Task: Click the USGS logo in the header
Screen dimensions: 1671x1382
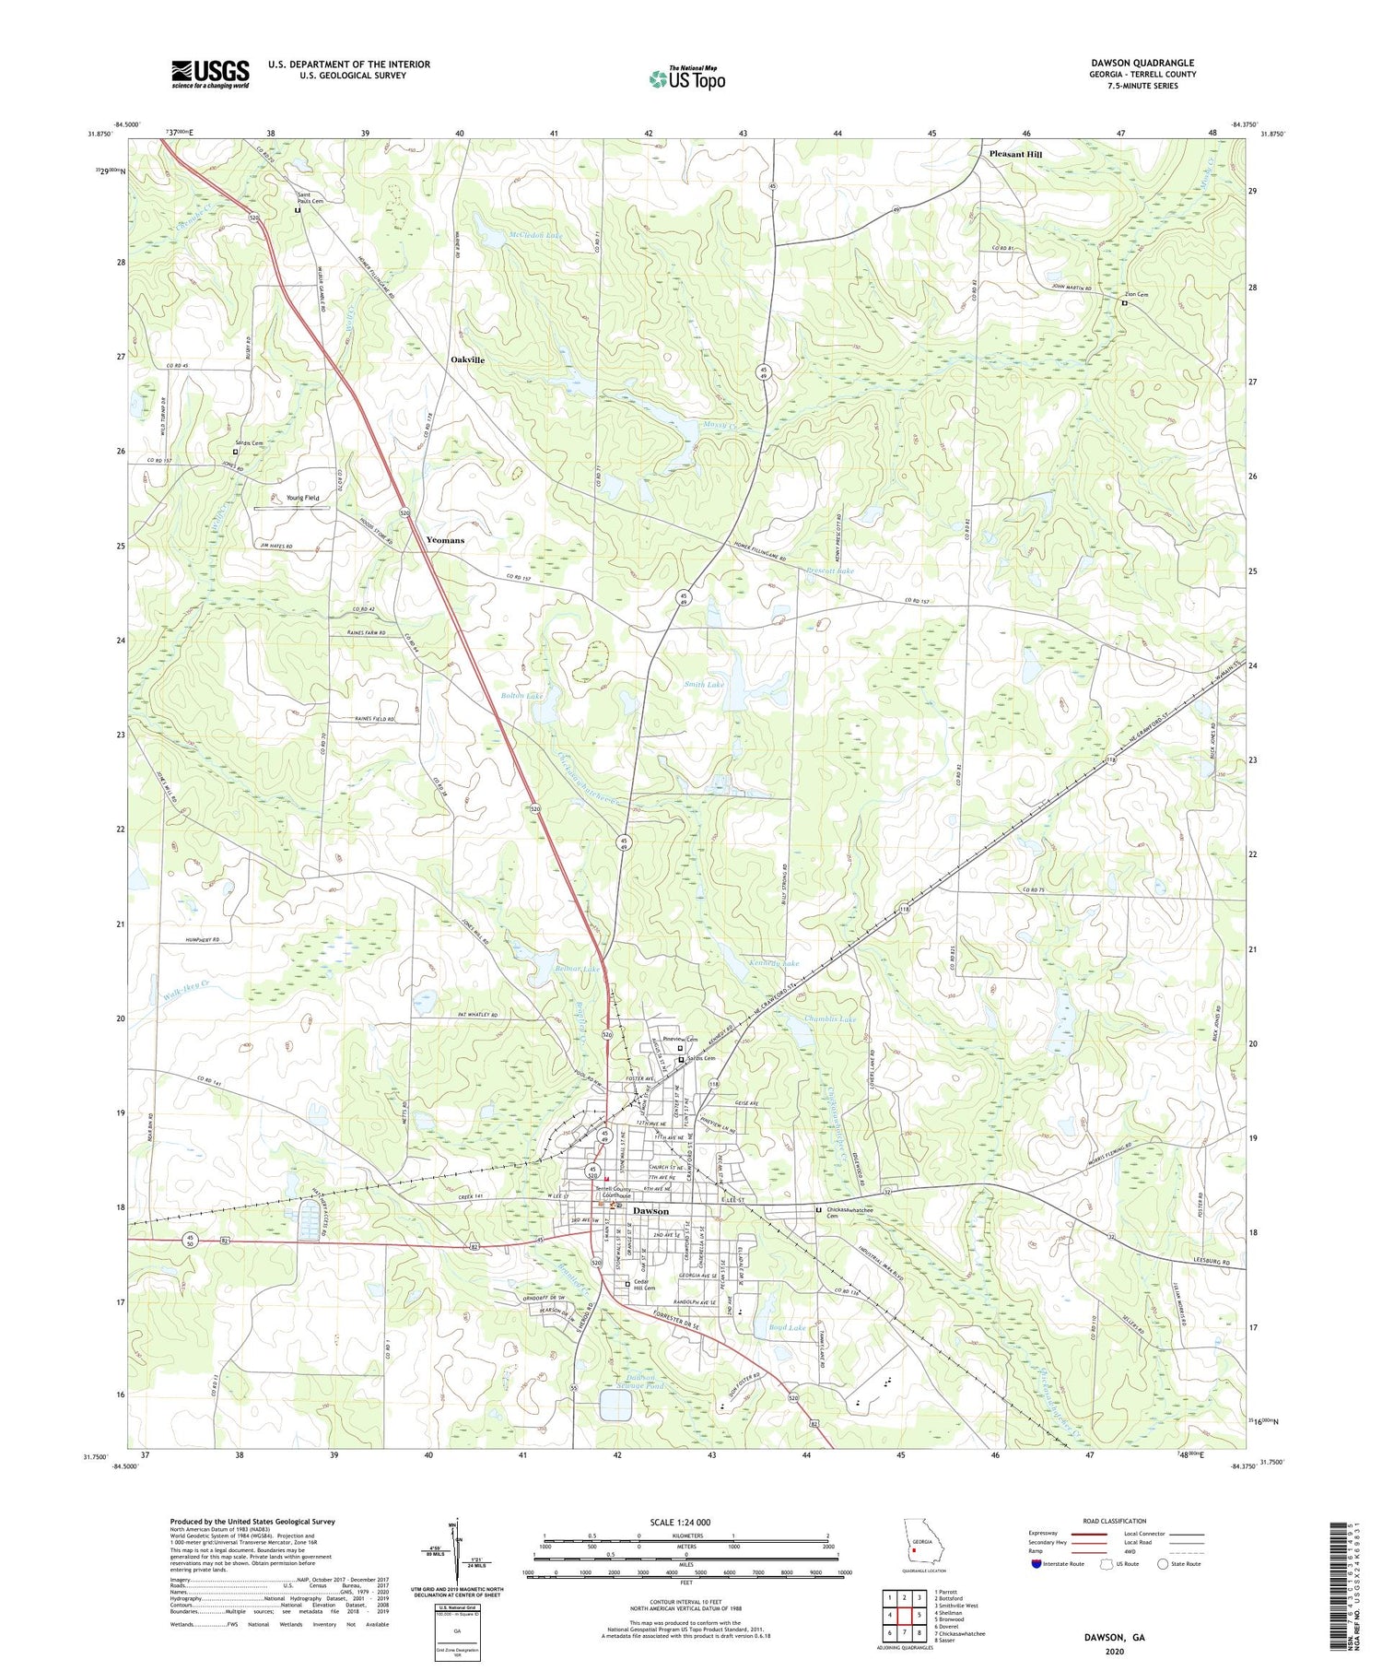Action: [x=210, y=74]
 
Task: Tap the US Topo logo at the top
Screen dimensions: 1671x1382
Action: [x=687, y=78]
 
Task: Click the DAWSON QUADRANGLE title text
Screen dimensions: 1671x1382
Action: [x=1142, y=63]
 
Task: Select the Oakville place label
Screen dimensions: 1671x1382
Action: [x=467, y=359]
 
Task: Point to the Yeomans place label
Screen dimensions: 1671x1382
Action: [x=445, y=540]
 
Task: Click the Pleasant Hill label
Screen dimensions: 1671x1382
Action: [x=1015, y=154]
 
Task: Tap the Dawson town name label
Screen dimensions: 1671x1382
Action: [x=650, y=1211]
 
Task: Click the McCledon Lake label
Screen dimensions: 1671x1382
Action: [x=536, y=236]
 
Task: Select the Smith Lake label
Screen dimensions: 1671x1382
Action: [x=704, y=685]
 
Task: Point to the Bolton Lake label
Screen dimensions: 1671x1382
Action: [x=521, y=695]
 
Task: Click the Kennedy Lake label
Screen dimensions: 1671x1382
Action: [x=774, y=963]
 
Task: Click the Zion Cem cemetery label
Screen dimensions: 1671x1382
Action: [x=1136, y=295]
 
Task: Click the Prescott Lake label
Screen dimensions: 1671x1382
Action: [x=830, y=571]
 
